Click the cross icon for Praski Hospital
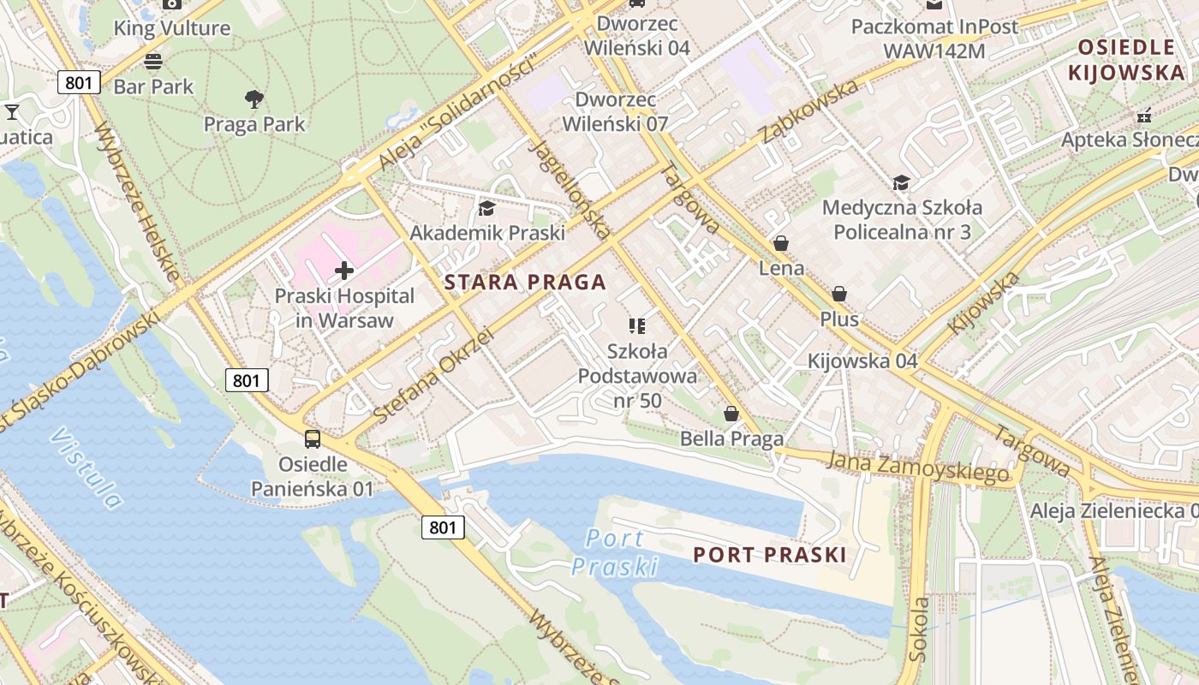344,271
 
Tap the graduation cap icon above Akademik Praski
486,208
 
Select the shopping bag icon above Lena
781,244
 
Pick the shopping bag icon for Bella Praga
731,414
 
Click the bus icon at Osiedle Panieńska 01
313,440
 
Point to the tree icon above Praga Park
254,99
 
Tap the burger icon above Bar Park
153,62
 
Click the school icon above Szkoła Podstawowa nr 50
636,325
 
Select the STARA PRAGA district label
525,282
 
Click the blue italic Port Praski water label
615,552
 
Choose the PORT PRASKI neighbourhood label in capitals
770,555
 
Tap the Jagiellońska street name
570,188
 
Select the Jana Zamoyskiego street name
917,468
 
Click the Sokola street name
919,629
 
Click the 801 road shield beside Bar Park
80,83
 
